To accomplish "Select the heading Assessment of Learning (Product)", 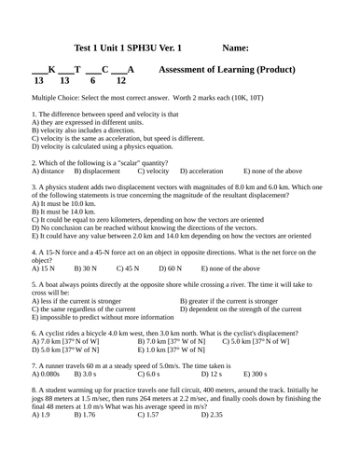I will (228, 70).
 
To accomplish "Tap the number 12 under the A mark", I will (120, 81).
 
